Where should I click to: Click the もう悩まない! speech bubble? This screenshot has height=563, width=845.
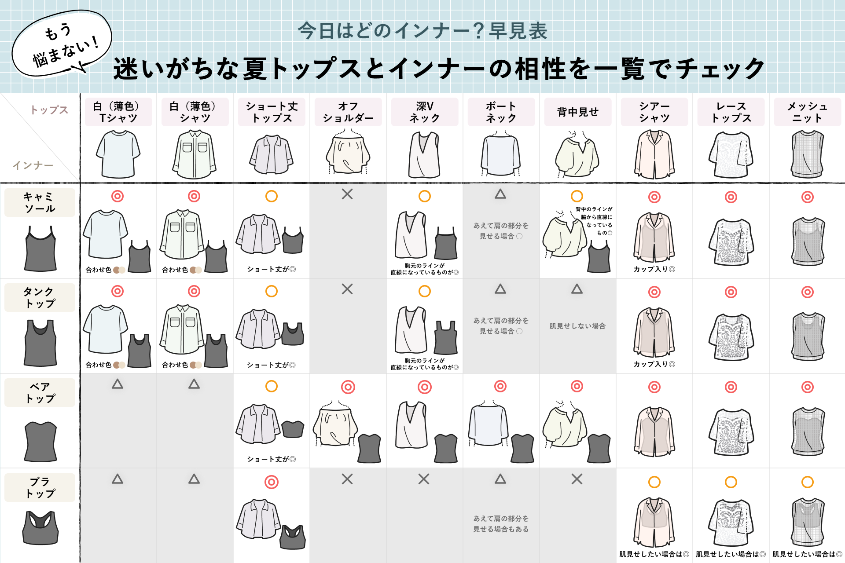pyautogui.click(x=62, y=44)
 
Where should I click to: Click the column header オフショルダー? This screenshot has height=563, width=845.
pyautogui.click(x=348, y=112)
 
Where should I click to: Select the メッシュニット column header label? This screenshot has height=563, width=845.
pyautogui.click(x=807, y=112)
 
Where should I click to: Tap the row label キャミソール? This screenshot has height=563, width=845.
pyautogui.click(x=40, y=202)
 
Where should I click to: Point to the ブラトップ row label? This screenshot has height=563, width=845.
pyautogui.click(x=40, y=487)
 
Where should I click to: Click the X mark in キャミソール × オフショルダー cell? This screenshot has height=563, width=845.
pyautogui.click(x=347, y=194)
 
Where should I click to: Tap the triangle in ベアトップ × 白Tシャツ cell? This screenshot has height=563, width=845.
pyautogui.click(x=118, y=384)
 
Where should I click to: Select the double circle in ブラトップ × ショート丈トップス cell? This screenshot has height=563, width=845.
pyautogui.click(x=272, y=482)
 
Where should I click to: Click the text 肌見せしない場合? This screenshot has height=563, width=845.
pyautogui.click(x=577, y=326)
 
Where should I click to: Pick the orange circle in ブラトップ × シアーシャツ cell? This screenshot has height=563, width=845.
pyautogui.click(x=654, y=482)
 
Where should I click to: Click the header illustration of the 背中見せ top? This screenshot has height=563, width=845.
pyautogui.click(x=577, y=154)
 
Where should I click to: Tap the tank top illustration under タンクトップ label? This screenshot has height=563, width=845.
pyautogui.click(x=40, y=343)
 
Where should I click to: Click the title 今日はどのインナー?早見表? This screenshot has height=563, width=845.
pyautogui.click(x=422, y=31)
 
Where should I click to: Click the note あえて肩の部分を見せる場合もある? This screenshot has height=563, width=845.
pyautogui.click(x=501, y=524)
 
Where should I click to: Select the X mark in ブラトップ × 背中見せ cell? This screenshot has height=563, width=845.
pyautogui.click(x=577, y=479)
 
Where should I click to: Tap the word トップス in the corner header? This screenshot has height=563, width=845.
pyautogui.click(x=49, y=110)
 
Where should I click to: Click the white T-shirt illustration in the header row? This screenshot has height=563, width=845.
pyautogui.click(x=118, y=154)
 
